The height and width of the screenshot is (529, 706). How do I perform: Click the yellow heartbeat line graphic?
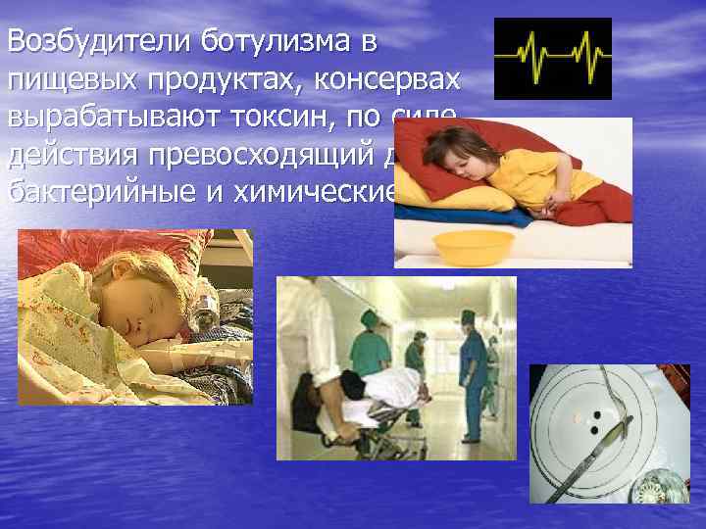point(552,59)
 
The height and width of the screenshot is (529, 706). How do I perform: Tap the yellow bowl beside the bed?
point(475,247)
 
